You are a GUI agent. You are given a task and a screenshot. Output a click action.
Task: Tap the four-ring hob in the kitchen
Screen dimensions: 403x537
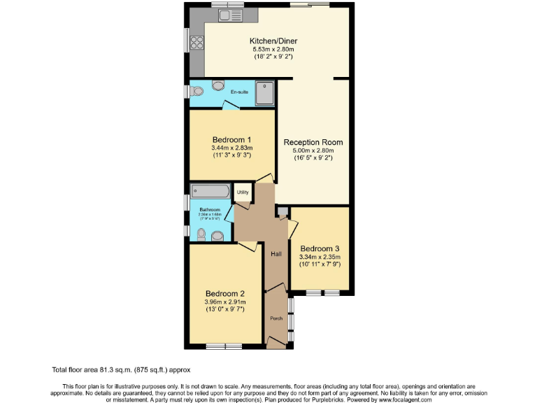point(196,41)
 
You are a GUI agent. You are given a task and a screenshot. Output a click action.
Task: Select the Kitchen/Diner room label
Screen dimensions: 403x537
point(273,41)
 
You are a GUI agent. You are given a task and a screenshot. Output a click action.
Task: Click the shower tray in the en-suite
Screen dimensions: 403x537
point(265,92)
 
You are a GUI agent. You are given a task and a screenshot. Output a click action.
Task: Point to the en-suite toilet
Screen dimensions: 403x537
point(198,91)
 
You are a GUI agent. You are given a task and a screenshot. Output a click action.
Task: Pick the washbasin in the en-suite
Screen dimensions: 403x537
point(219,87)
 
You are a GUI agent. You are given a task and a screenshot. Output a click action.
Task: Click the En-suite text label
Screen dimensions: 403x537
point(239,92)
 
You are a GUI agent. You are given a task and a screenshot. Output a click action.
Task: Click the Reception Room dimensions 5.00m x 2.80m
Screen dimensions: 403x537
point(313,150)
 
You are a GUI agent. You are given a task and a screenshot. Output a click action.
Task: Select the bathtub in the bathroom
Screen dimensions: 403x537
point(210,191)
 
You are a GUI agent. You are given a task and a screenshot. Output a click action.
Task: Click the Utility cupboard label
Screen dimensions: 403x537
point(242,192)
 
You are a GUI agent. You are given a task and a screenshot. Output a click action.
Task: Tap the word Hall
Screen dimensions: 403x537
point(276,253)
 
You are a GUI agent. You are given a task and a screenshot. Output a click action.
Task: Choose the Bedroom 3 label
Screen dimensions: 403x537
point(320,248)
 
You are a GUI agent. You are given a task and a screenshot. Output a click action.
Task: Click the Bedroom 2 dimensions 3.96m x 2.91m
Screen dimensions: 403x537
point(224,303)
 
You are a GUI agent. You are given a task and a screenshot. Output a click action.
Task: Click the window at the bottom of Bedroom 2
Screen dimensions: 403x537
point(224,346)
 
